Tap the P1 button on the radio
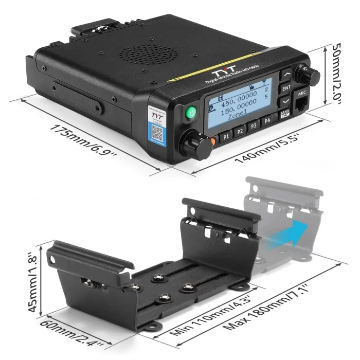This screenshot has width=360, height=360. point(226,137)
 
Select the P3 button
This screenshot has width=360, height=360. point(253,125)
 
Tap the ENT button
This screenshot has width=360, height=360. point(286,88)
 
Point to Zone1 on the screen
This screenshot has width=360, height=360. point(236,116)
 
